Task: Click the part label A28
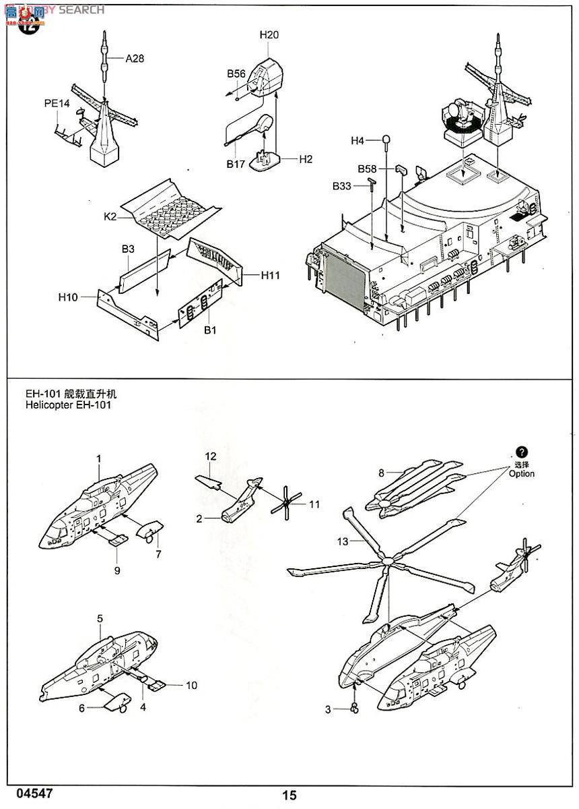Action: pyautogui.click(x=135, y=59)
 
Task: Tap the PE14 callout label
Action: pyautogui.click(x=57, y=103)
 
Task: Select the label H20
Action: pyautogui.click(x=269, y=35)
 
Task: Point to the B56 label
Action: pyautogui.click(x=236, y=73)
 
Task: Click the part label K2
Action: pyautogui.click(x=110, y=216)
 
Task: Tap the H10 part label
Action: pyautogui.click(x=69, y=296)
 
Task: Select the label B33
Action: pyautogui.click(x=341, y=185)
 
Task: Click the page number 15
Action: pyautogui.click(x=289, y=796)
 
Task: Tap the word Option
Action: pyautogui.click(x=521, y=473)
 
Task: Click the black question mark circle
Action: pyautogui.click(x=522, y=452)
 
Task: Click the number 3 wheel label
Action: pyautogui.click(x=329, y=709)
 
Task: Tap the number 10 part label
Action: pyautogui.click(x=192, y=685)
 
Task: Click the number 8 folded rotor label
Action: pyautogui.click(x=381, y=473)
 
